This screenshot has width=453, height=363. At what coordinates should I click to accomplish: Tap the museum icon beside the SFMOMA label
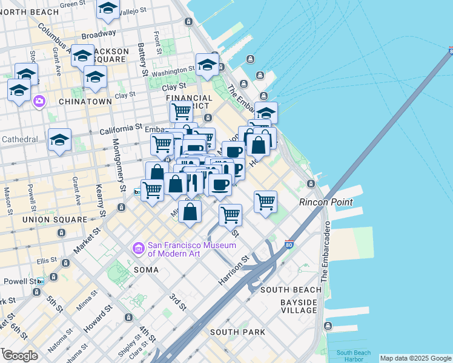tap(138, 248)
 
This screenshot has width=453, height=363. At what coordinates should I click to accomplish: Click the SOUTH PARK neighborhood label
tap(237, 332)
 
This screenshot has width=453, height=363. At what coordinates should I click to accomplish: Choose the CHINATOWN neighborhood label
tap(85, 102)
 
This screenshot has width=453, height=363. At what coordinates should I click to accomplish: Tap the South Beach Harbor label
tap(353, 356)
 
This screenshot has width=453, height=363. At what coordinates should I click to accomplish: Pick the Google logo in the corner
tap(20, 355)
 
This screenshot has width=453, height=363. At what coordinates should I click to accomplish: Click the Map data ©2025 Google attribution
tap(415, 358)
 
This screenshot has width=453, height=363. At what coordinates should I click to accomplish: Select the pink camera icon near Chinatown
tap(39, 101)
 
